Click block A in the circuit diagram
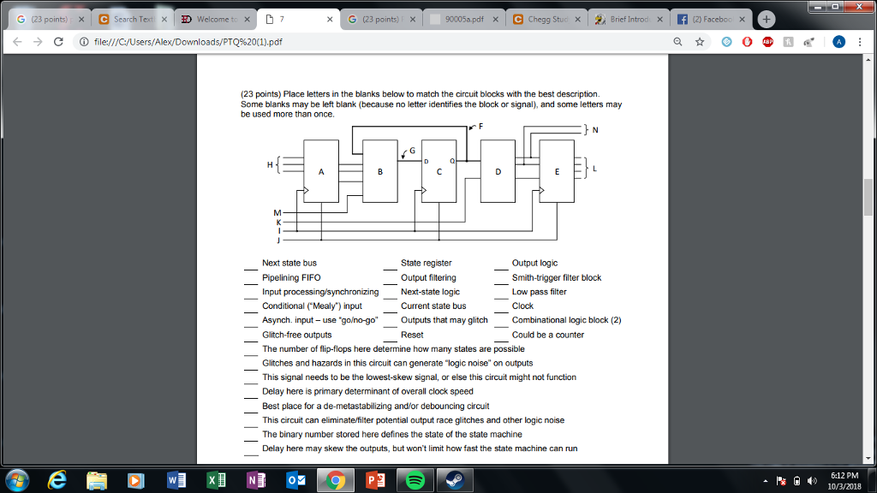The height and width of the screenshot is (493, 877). click(321, 171)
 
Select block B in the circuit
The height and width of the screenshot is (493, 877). click(380, 171)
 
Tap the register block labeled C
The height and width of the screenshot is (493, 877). click(438, 171)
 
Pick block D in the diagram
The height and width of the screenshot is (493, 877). click(498, 171)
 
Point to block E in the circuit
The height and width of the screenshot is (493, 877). click(557, 171)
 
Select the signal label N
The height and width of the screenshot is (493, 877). click(595, 130)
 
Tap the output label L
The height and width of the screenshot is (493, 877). click(595, 168)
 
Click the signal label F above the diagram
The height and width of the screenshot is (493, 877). click(480, 126)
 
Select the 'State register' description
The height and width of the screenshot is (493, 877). click(426, 263)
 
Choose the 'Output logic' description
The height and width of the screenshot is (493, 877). click(534, 263)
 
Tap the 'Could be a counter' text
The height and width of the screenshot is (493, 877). click(548, 335)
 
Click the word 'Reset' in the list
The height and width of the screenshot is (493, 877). click(412, 335)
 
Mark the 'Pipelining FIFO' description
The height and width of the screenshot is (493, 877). click(291, 277)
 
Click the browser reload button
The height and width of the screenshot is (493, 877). click(58, 42)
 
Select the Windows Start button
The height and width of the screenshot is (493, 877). click(17, 480)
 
